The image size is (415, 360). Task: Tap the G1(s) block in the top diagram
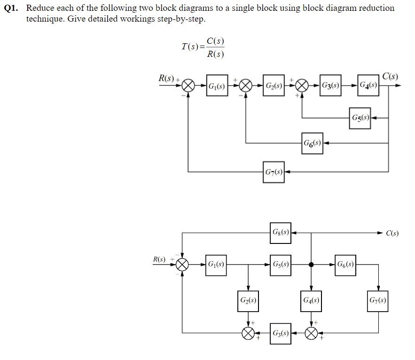click(217, 86)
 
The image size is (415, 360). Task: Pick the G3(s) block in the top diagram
click(331, 86)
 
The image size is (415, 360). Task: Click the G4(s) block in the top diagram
click(368, 86)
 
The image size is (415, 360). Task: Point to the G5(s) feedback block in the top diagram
click(360, 117)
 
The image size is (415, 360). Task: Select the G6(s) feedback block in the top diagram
click(312, 143)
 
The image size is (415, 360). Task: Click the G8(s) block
click(281, 233)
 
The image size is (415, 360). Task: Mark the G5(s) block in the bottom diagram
click(281, 265)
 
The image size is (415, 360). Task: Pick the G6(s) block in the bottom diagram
click(345, 265)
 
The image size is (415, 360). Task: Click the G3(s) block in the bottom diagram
click(281, 333)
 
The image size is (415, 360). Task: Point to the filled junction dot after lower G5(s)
click(311, 265)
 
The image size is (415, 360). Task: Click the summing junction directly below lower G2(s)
click(248, 333)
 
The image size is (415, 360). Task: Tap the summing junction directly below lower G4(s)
click(311, 333)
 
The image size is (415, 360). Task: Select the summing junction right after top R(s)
click(188, 86)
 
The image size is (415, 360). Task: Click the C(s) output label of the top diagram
click(390, 77)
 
